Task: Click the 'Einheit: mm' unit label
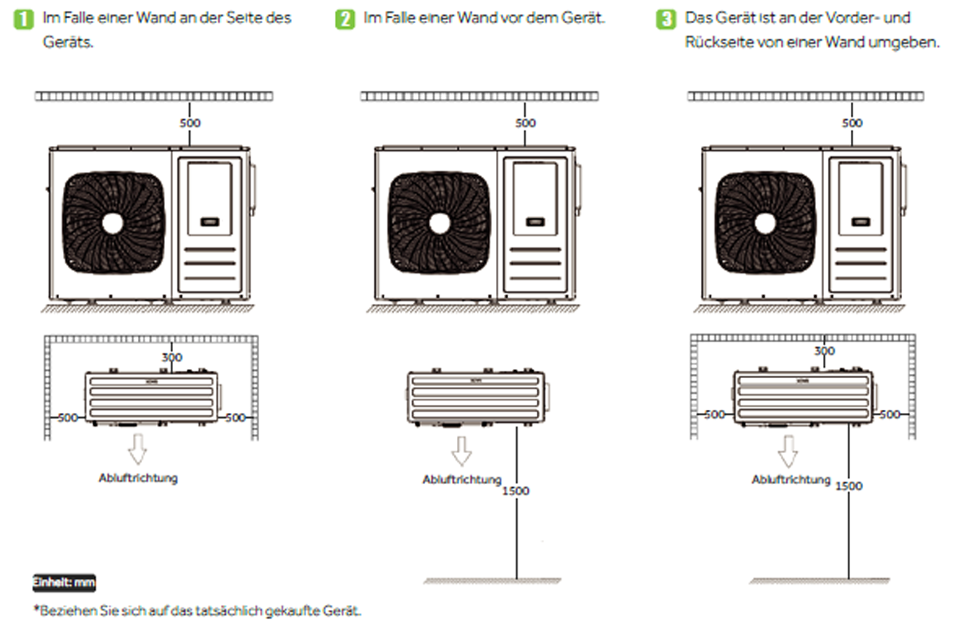[x=64, y=583]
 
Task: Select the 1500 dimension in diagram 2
[x=516, y=490]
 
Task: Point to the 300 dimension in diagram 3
[x=825, y=351]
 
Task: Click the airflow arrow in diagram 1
[x=138, y=450]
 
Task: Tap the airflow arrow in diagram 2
[x=462, y=451]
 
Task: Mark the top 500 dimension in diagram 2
[x=526, y=123]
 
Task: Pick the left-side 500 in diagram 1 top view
[x=69, y=415]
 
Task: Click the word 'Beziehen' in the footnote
[x=62, y=611]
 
